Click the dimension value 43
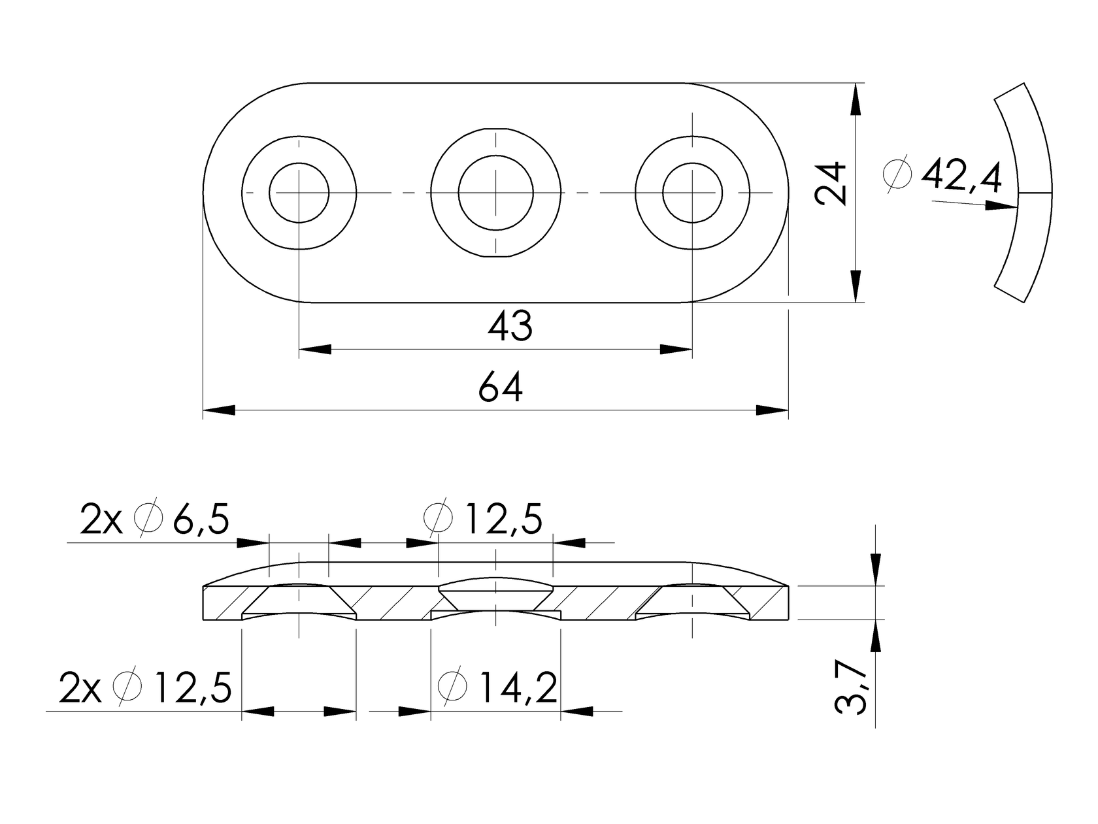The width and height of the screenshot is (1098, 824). click(510, 326)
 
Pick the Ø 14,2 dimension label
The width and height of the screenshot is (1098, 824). click(498, 687)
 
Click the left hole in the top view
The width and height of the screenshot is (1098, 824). click(299, 193)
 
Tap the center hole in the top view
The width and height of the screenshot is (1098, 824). click(496, 193)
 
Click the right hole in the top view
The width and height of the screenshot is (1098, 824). click(692, 193)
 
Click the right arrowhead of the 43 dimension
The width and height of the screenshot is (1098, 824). click(676, 350)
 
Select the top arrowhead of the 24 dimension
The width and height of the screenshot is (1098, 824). click(856, 99)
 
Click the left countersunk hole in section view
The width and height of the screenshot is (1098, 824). click(299, 600)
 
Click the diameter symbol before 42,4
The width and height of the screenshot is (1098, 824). click(897, 175)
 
